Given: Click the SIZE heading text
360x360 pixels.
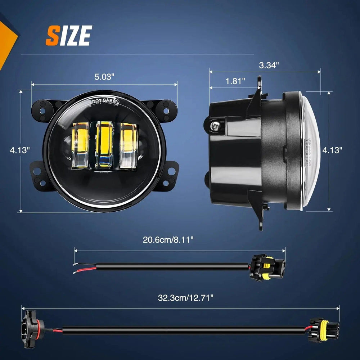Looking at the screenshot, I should [x=69, y=35].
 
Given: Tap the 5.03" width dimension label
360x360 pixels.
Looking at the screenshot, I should [x=104, y=76].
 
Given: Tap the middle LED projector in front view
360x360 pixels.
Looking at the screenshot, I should [x=104, y=145].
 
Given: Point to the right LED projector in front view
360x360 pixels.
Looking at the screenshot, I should [x=129, y=145].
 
